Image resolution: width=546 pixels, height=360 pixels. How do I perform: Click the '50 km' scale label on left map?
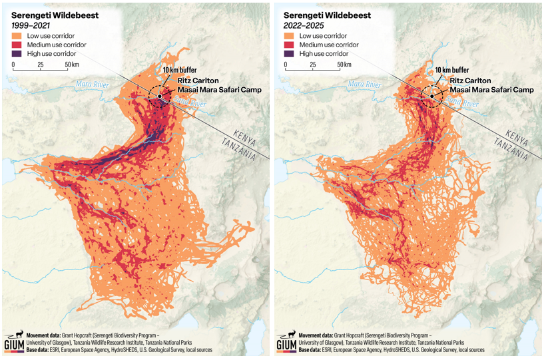pyautogui.click(x=72, y=65)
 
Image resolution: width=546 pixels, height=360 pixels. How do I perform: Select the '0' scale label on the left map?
pyautogui.click(x=13, y=65)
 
